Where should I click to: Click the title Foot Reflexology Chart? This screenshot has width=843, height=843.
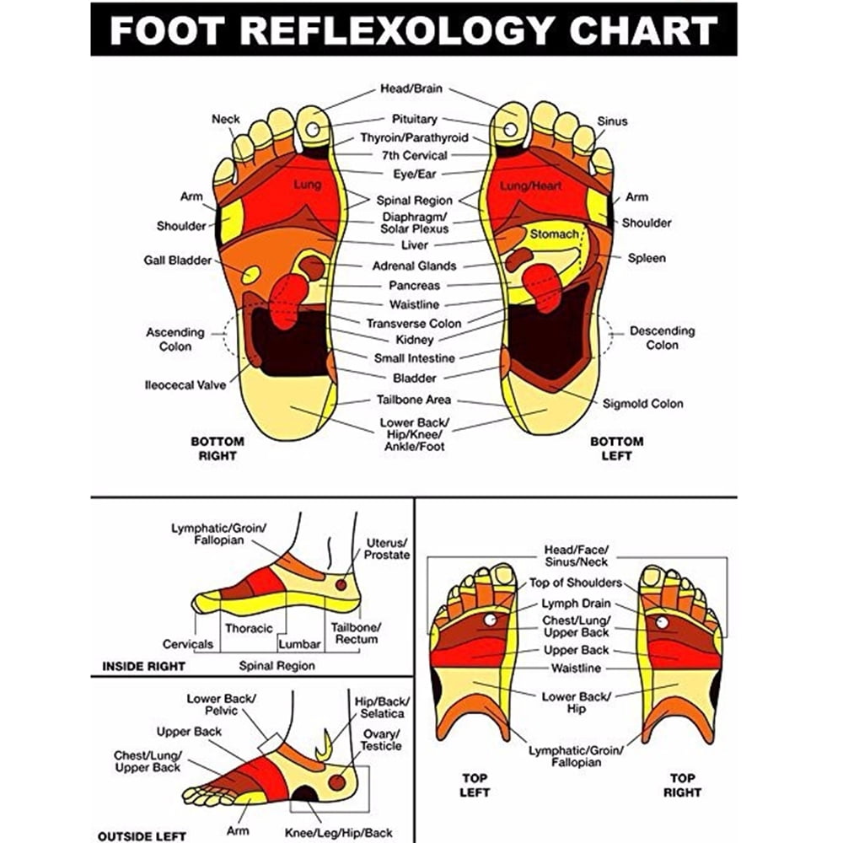point(413,30)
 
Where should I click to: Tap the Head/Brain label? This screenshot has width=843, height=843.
point(411,89)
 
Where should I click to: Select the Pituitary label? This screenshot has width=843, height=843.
point(414,120)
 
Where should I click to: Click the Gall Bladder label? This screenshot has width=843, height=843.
point(177,260)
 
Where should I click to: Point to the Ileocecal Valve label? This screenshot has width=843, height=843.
point(185,385)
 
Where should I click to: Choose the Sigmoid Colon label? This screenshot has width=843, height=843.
point(642,404)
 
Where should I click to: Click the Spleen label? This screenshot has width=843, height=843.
point(647,258)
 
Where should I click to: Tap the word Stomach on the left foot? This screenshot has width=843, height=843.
point(555,234)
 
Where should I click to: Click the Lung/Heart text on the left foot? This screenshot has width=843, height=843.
point(530,186)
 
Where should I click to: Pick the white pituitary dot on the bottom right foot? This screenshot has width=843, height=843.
point(313,129)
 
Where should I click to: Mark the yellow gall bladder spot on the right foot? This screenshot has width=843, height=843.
point(251,275)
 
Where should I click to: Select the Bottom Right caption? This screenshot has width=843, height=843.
point(217,449)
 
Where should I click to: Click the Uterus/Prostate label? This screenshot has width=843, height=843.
point(387,549)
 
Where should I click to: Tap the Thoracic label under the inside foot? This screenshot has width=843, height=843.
point(249,629)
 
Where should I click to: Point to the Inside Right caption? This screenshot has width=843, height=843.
point(143,667)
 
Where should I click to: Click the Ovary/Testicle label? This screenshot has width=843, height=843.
point(381,740)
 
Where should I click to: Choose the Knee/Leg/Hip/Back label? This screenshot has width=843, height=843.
point(339,834)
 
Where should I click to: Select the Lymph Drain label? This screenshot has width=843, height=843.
point(576,604)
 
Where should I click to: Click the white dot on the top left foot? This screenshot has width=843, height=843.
point(491,620)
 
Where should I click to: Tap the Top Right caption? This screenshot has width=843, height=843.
point(682,786)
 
